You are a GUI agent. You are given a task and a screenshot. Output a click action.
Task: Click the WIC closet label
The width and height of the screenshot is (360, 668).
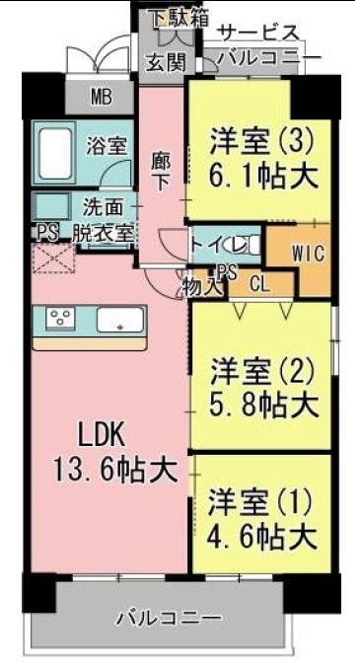[x=309, y=254]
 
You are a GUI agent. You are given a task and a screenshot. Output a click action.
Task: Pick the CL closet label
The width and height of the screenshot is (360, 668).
[x=259, y=284]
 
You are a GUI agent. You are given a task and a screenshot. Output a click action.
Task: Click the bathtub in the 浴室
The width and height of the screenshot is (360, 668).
[x=55, y=153]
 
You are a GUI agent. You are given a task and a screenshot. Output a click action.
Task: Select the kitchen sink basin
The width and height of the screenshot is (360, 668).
[x=119, y=320]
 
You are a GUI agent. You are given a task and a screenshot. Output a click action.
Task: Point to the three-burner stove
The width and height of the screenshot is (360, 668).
[x=60, y=318]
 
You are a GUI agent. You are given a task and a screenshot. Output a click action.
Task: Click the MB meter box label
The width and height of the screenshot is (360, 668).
[x=102, y=97]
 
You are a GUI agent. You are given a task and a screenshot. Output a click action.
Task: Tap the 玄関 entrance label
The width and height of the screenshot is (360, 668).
[x=167, y=62]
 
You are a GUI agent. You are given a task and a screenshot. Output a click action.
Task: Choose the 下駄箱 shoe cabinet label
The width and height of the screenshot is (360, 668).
[x=181, y=18]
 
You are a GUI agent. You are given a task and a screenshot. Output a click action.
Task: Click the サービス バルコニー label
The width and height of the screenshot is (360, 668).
[x=263, y=45]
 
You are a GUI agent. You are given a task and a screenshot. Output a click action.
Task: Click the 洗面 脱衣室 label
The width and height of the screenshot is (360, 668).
[x=103, y=220]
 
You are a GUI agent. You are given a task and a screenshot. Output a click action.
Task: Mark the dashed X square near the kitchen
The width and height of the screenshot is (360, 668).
[x=53, y=259]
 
